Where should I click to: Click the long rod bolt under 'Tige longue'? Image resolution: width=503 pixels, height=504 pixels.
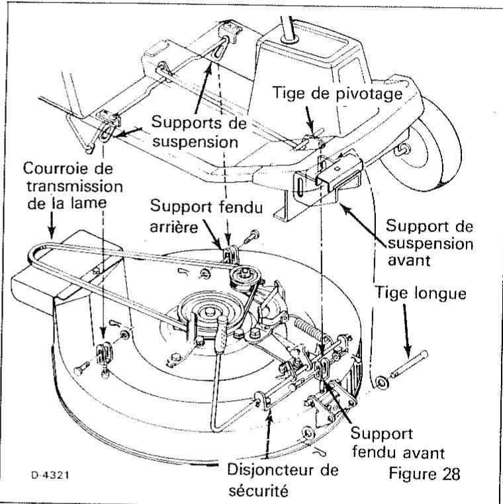(408, 366)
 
